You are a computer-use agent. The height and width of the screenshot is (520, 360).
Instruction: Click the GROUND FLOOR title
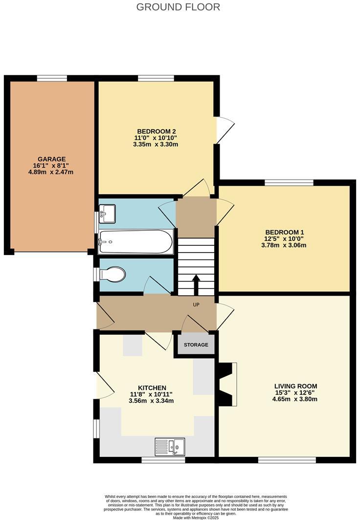(178, 7)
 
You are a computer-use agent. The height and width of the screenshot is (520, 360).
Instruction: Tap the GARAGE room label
(52, 159)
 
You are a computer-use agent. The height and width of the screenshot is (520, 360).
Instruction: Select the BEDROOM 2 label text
(156, 131)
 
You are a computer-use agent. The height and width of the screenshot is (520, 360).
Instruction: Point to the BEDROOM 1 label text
(285, 232)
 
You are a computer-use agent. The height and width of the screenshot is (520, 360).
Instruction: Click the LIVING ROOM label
(294, 386)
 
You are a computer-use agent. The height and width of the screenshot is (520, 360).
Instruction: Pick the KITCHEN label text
(152, 388)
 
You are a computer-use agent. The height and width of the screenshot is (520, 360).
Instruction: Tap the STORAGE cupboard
(196, 345)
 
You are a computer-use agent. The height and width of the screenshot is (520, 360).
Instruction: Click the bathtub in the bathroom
(135, 241)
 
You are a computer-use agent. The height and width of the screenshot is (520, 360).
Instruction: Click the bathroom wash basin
(107, 213)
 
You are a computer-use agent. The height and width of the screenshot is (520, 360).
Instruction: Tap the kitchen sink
(170, 447)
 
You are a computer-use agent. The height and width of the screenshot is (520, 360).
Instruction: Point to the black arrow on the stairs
(196, 283)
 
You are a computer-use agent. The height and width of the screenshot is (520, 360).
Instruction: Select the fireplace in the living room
(227, 384)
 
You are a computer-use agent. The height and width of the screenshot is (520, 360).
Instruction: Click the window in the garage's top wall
(52, 78)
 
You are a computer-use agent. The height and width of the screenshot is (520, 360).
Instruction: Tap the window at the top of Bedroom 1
(289, 183)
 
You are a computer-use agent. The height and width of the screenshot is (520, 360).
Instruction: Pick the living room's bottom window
(287, 460)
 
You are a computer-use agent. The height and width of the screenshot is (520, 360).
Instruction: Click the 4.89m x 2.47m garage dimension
(52, 172)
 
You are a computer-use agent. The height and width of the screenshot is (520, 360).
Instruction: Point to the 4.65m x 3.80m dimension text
(294, 399)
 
